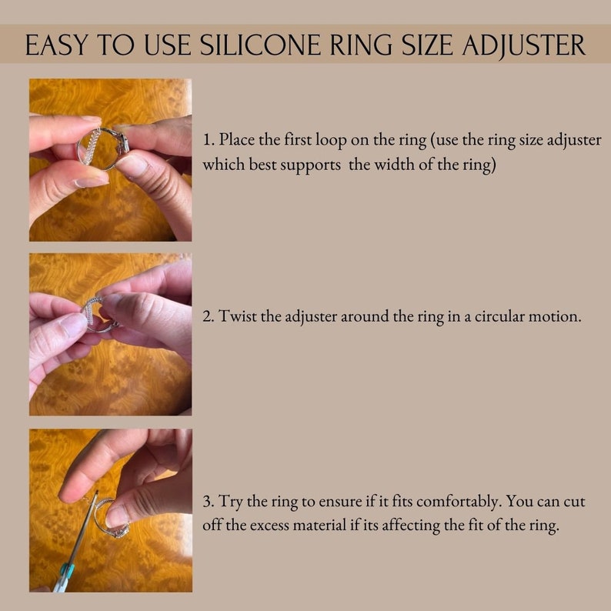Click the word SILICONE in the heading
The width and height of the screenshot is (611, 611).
click(x=258, y=45)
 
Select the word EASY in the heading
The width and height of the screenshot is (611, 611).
click(x=55, y=45)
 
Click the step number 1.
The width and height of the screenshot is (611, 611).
click(x=208, y=141)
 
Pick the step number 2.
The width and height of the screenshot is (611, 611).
click(x=208, y=316)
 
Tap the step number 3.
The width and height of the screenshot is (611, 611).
click(x=208, y=502)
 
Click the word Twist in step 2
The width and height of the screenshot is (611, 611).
click(x=236, y=316)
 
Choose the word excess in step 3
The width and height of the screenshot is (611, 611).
click(x=275, y=526)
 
